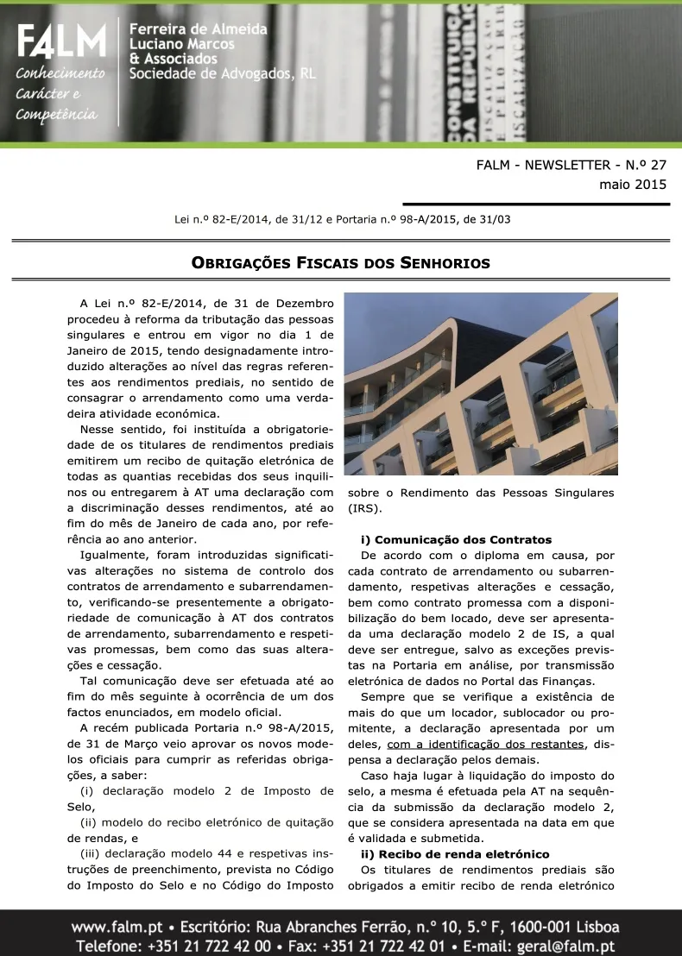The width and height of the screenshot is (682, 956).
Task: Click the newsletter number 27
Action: (654, 165)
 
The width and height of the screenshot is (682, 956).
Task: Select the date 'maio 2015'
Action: (633, 184)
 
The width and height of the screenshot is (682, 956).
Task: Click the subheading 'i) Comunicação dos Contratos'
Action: (456, 540)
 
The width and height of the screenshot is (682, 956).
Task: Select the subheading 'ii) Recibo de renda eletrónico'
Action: (455, 854)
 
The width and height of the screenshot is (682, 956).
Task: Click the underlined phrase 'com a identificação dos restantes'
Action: (487, 745)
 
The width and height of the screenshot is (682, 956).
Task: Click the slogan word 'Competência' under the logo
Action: (57, 115)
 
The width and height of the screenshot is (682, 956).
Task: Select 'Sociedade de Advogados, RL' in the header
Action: (222, 74)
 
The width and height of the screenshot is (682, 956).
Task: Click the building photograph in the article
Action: (481, 385)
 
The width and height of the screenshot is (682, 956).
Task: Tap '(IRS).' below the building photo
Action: (364, 509)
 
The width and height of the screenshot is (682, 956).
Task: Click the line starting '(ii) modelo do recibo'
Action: (205, 822)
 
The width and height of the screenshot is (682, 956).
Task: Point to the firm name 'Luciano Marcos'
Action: (186, 44)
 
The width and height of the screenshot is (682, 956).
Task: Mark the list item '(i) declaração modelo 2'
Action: (205, 791)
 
